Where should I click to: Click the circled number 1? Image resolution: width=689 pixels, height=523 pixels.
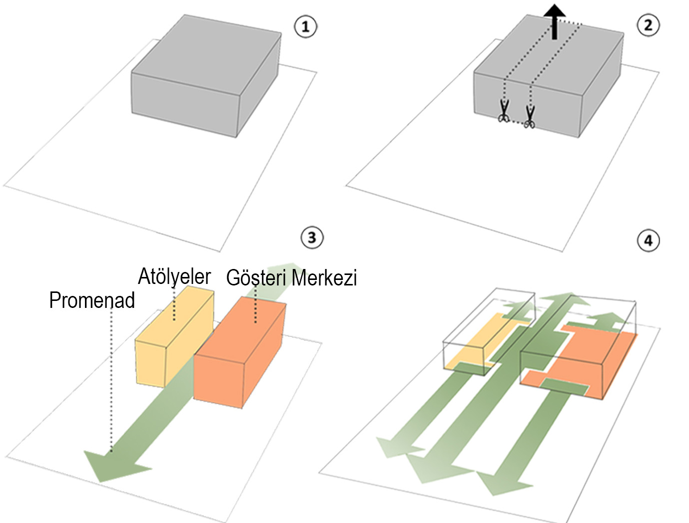(305, 26)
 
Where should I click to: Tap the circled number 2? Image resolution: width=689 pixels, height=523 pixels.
(648, 25)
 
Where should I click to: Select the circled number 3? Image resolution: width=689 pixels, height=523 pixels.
(312, 238)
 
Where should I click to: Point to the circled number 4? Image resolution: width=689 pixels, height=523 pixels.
(648, 241)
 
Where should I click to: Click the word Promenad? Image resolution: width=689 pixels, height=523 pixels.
(92, 300)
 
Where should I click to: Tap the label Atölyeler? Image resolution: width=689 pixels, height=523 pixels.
(174, 276)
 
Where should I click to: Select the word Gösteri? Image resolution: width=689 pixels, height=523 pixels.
(256, 278)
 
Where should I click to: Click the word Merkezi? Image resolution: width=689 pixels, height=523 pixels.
(324, 278)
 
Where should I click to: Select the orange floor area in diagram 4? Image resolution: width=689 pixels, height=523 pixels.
(590, 359)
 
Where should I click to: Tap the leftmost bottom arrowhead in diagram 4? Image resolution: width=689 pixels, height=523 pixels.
(397, 447)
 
